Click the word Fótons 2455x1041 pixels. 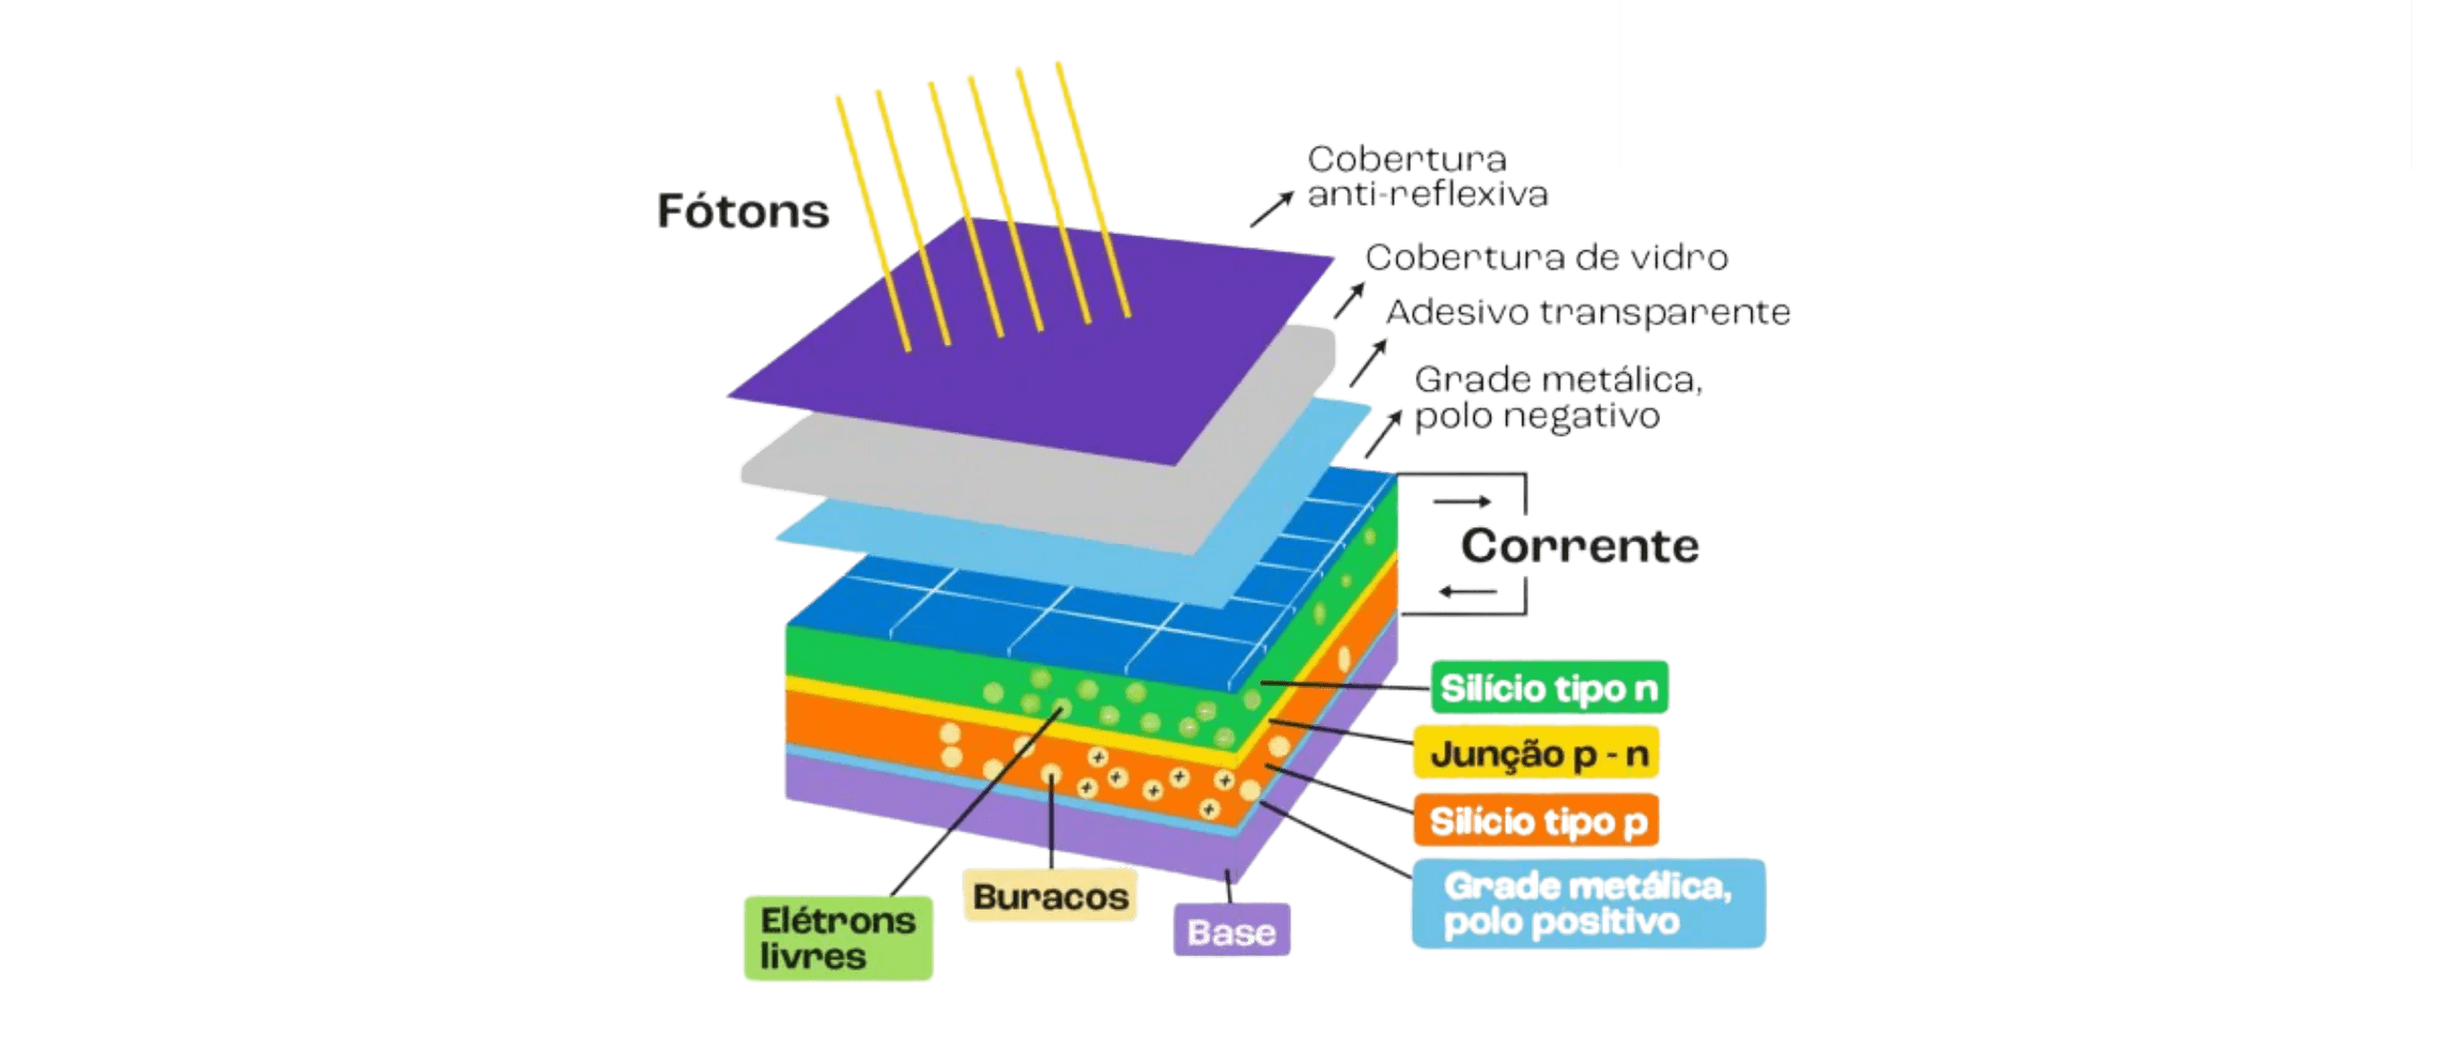(x=743, y=210)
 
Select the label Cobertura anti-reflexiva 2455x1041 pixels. (x=1427, y=176)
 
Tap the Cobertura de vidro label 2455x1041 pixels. (x=1546, y=258)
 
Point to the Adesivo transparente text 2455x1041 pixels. (x=1588, y=313)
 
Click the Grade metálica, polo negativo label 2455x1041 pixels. (x=1558, y=398)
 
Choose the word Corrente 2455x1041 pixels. (x=1579, y=546)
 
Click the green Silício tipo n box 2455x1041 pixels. (x=1549, y=687)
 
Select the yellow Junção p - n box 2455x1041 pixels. (x=1537, y=753)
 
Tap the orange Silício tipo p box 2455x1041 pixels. (x=1536, y=820)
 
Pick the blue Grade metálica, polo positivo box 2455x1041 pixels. (x=1588, y=903)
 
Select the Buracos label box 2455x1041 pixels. (x=1049, y=895)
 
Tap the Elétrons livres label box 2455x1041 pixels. (x=838, y=938)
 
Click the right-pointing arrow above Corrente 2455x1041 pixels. (x=1462, y=501)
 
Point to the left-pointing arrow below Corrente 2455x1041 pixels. (x=1468, y=593)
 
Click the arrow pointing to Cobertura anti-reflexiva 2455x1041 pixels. (x=1272, y=208)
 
